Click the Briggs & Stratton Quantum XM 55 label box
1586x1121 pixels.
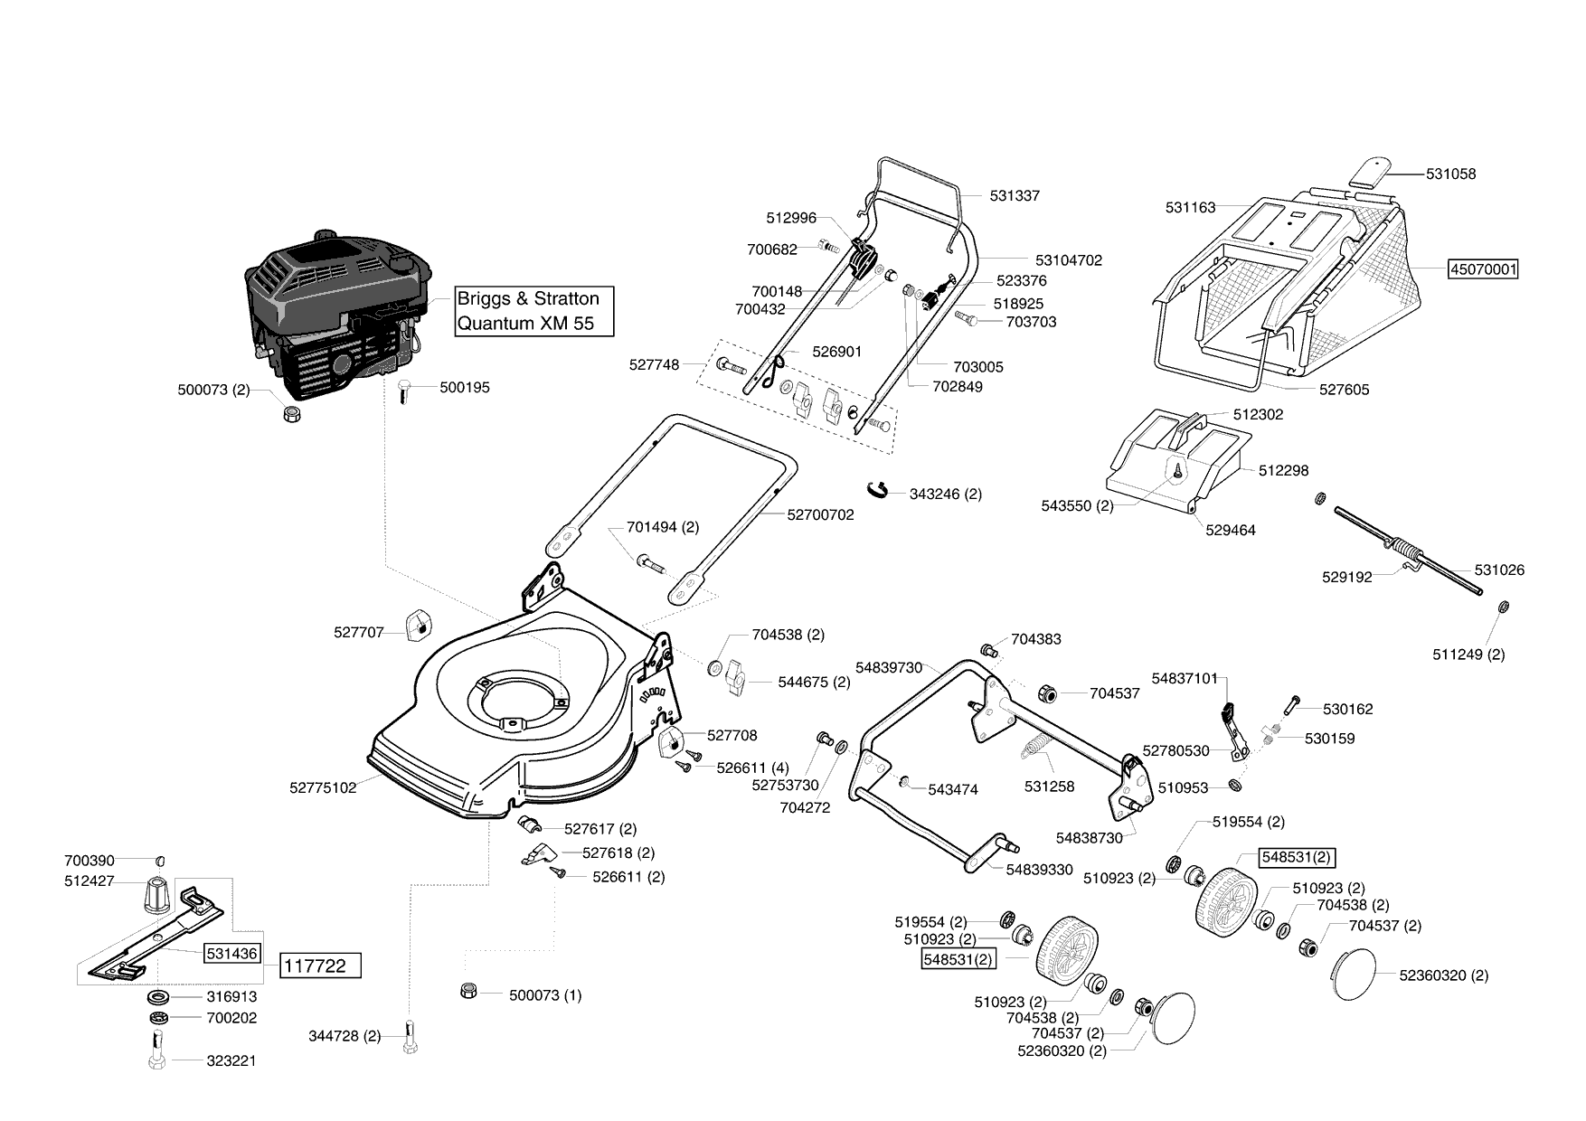[533, 311]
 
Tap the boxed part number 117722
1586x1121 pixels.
[315, 966]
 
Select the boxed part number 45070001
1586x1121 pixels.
[1483, 269]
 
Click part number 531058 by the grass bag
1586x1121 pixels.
[1451, 174]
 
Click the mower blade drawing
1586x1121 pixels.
[156, 933]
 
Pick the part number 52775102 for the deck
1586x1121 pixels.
[323, 787]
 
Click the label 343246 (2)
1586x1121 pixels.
[946, 494]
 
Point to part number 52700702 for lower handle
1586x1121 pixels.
[820, 514]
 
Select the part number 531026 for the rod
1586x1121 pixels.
[1499, 570]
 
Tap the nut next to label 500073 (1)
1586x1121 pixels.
[468, 991]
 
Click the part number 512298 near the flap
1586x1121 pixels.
[1283, 470]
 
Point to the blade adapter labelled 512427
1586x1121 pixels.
[157, 894]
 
